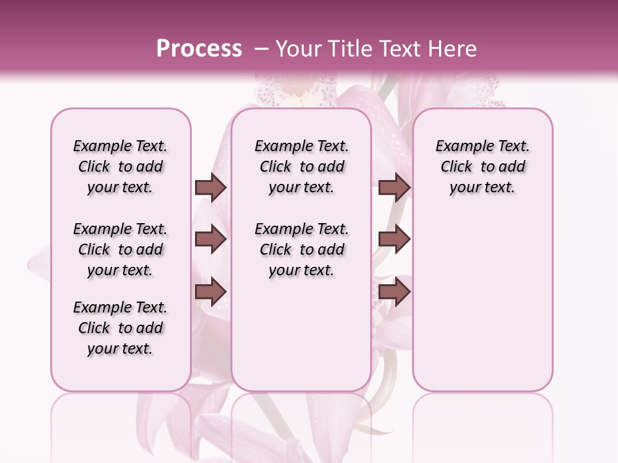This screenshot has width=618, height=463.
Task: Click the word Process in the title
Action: click(198, 48)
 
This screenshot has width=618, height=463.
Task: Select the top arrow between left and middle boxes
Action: click(211, 187)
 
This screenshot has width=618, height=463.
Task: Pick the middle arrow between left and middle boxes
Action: click(211, 239)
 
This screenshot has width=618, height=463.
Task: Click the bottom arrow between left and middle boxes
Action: click(211, 291)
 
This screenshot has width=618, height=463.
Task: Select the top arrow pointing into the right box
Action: click(394, 187)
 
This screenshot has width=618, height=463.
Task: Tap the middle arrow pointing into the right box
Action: click(394, 239)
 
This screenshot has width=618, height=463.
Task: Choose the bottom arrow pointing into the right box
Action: click(394, 291)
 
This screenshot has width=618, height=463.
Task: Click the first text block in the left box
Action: click(120, 167)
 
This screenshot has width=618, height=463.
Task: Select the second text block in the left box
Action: click(120, 250)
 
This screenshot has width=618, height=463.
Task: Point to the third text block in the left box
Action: click(120, 328)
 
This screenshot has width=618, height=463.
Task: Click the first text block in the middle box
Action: click(302, 167)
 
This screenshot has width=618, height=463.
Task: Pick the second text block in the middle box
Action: click(302, 250)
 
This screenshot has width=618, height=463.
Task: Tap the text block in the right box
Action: click(483, 167)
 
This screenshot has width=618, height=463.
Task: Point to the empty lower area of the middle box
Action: click(302, 334)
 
